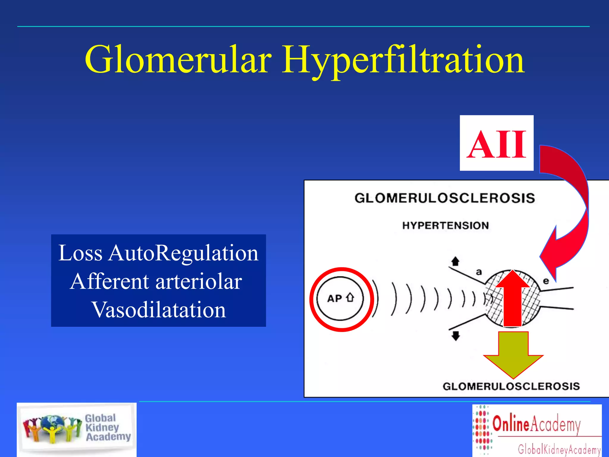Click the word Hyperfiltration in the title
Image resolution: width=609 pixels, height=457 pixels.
tap(403, 60)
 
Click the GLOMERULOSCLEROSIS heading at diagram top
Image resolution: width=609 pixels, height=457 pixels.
tap(445, 198)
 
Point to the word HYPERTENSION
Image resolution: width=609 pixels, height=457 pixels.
tap(445, 226)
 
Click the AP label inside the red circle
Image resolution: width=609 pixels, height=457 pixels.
tap(335, 298)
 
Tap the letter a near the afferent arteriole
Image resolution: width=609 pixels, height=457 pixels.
tap(479, 272)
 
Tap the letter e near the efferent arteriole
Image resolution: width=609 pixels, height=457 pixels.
tap(546, 281)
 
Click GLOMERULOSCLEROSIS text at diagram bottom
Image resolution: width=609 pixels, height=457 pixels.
tap(511, 386)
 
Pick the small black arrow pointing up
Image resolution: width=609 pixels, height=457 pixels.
tap(455, 261)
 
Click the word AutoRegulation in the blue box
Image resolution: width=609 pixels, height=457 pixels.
tap(183, 253)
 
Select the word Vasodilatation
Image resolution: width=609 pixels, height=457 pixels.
tap(159, 310)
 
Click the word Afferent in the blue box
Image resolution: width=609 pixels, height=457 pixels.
tap(109, 281)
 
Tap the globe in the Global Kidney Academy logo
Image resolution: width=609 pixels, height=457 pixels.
tap(53, 424)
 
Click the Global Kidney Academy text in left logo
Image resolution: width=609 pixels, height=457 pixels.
tap(107, 427)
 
